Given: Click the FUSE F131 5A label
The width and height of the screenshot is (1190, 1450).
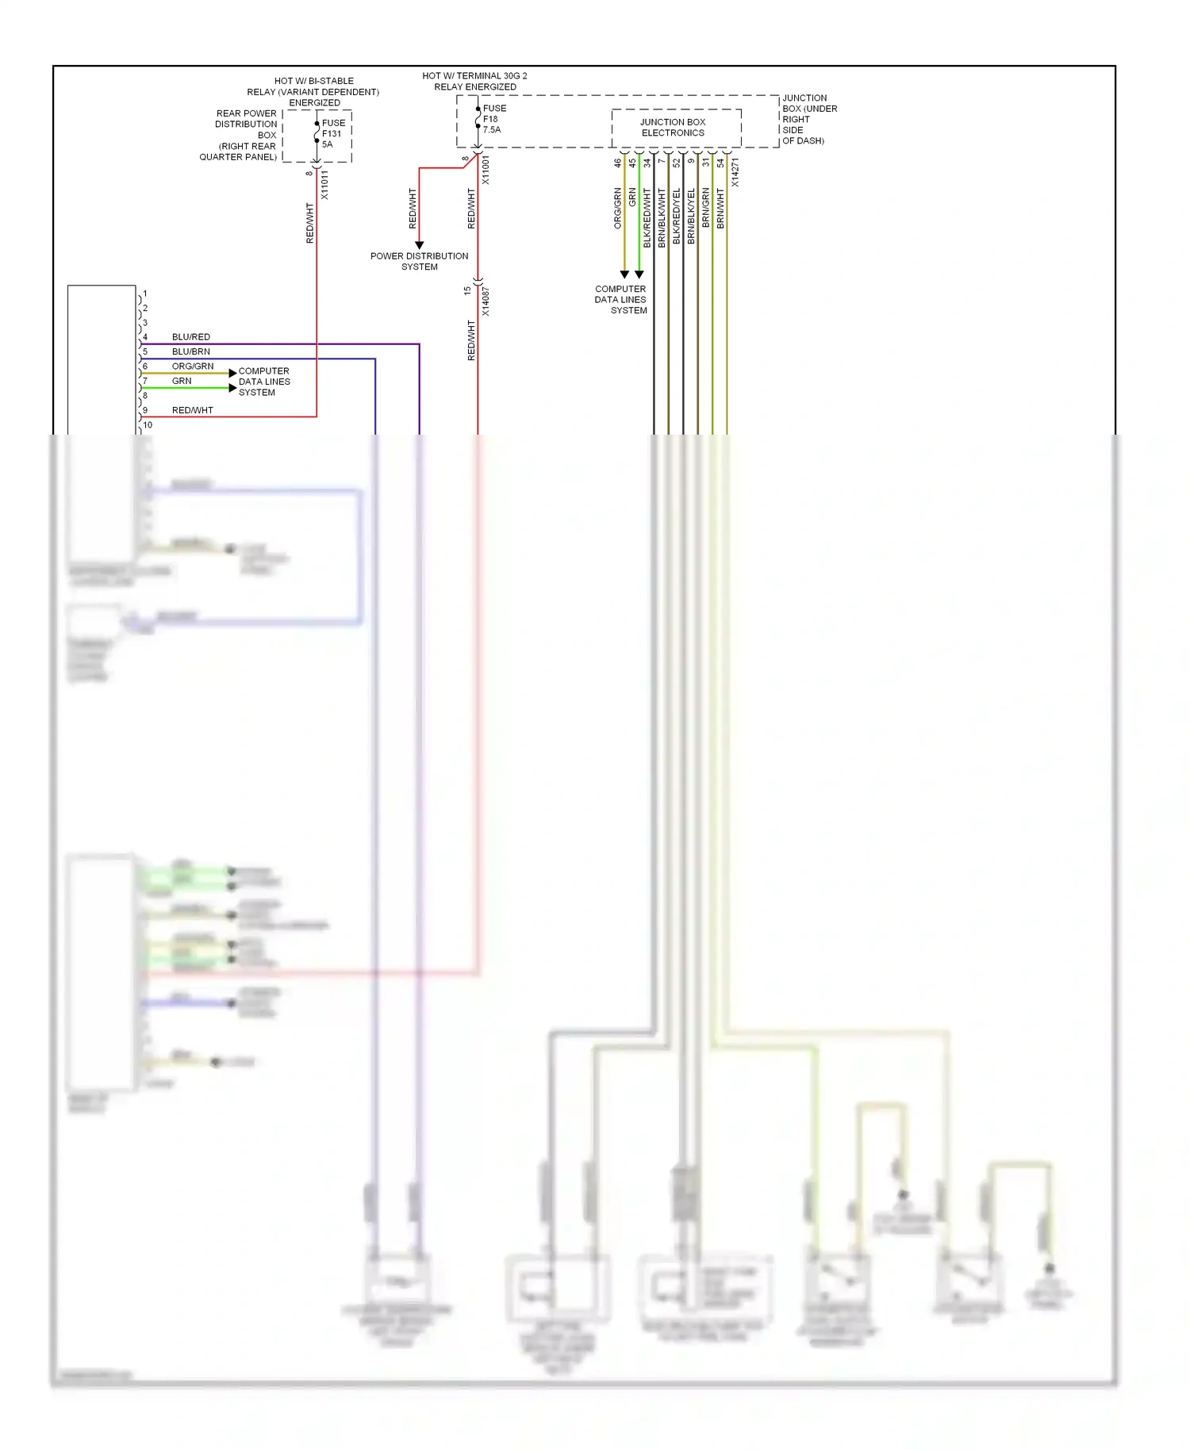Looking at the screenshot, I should (333, 133).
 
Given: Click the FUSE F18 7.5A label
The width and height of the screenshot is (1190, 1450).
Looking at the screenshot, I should (493, 119).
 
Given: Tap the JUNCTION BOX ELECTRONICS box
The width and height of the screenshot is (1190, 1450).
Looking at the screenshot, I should (675, 128).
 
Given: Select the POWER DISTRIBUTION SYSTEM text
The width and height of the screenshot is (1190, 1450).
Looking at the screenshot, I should (419, 261).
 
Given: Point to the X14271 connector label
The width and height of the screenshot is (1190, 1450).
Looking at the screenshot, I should (735, 172).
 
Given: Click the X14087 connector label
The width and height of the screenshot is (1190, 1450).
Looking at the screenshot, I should (486, 301).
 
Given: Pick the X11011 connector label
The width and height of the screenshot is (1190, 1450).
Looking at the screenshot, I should (324, 184).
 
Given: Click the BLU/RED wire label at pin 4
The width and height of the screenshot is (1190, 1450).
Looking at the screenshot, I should (190, 337).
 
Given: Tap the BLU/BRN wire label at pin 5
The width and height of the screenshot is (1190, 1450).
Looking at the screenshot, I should (190, 351).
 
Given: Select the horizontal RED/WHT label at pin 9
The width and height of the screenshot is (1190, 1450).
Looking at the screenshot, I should (192, 410).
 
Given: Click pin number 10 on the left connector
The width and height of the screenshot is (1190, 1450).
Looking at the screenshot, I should (148, 425).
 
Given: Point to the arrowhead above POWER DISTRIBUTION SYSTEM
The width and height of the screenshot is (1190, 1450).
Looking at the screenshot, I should (419, 245).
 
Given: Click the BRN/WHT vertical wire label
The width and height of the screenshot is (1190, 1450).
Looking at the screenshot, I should (720, 209).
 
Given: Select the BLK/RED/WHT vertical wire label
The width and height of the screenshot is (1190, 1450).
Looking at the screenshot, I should (647, 217).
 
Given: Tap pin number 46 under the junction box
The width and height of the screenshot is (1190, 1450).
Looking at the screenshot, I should (617, 163).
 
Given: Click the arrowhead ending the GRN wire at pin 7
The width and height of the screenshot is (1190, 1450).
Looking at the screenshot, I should (232, 388).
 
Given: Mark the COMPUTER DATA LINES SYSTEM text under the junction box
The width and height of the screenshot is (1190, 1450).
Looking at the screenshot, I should (621, 300).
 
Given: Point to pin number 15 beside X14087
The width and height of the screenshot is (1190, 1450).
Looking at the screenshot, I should (467, 291).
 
